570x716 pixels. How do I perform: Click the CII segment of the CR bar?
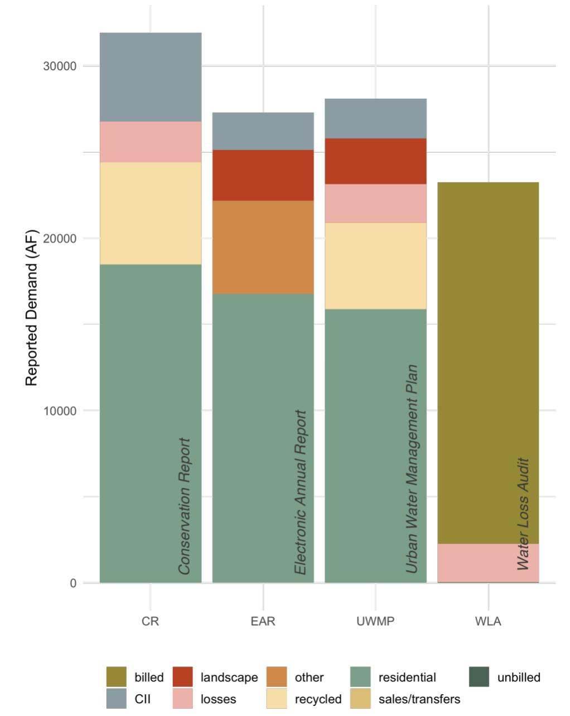pyautogui.click(x=150, y=77)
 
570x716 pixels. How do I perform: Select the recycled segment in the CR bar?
pyautogui.click(x=150, y=213)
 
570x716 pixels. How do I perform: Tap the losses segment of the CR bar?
pyautogui.click(x=150, y=142)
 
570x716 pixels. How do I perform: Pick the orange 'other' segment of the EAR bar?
pyautogui.click(x=263, y=247)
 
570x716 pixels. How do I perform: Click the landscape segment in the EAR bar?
pyautogui.click(x=263, y=175)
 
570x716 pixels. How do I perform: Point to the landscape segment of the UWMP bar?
pyautogui.click(x=375, y=161)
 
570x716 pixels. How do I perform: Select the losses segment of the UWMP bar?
pyautogui.click(x=375, y=204)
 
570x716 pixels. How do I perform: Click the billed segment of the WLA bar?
pyautogui.click(x=488, y=362)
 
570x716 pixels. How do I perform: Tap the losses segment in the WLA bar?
pyautogui.click(x=480, y=563)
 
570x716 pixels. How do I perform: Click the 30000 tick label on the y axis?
pyautogui.click(x=60, y=66)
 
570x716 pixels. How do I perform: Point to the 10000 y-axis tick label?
pyautogui.click(x=60, y=411)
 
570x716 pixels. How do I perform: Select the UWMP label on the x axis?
pyautogui.click(x=375, y=621)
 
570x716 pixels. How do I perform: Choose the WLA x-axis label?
pyautogui.click(x=488, y=621)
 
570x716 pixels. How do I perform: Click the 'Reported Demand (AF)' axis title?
pyautogui.click(x=31, y=307)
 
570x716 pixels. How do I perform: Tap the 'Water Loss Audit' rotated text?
pyautogui.click(x=523, y=514)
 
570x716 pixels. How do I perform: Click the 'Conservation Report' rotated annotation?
pyautogui.click(x=185, y=506)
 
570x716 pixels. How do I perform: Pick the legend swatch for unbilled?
pyautogui.click(x=479, y=678)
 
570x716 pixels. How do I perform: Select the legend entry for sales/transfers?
pyautogui.click(x=419, y=699)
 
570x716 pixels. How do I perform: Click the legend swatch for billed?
pyautogui.click(x=117, y=678)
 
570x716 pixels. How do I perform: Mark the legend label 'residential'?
pyautogui.click(x=407, y=678)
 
